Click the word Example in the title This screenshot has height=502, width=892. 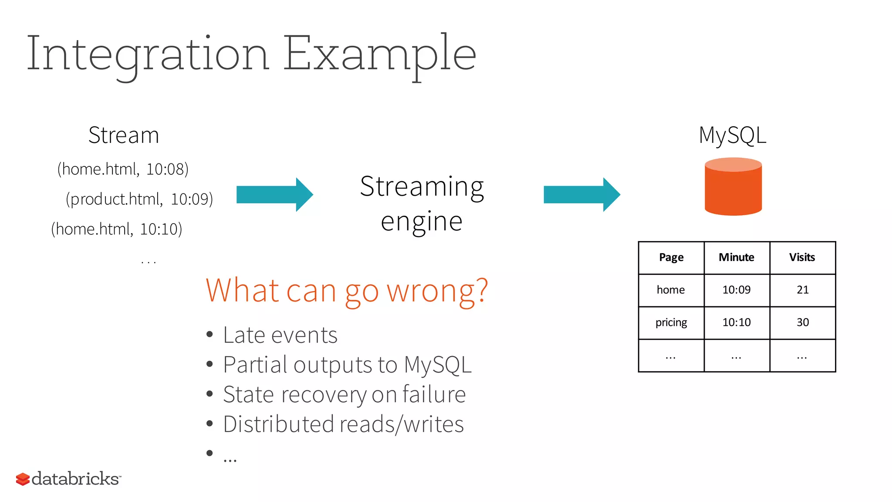(x=379, y=54)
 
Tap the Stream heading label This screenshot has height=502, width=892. (x=124, y=135)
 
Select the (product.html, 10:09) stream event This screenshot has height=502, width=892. (x=139, y=199)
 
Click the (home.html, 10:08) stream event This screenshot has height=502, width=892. (x=123, y=169)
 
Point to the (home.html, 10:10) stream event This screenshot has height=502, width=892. (x=116, y=229)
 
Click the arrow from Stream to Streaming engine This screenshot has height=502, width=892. (x=274, y=194)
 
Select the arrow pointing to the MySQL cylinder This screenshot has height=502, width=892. (x=581, y=194)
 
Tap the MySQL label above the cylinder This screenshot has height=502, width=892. (x=732, y=135)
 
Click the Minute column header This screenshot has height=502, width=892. (x=736, y=258)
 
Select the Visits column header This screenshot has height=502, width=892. (x=802, y=258)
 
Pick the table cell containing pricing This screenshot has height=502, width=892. (x=671, y=322)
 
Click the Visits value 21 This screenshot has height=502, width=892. (x=802, y=290)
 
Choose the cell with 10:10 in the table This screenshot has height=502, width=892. (x=736, y=322)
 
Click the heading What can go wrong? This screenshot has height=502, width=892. (x=347, y=291)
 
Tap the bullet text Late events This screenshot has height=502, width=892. (x=280, y=335)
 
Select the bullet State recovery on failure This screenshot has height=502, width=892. (x=344, y=394)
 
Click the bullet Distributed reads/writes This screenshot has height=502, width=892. (x=343, y=424)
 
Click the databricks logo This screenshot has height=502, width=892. (x=68, y=479)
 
